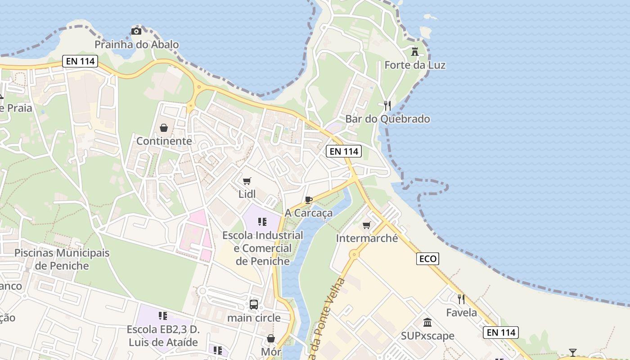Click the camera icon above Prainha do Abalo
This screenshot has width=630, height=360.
pyautogui.click(x=136, y=31)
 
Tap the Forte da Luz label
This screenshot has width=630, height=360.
pyautogui.click(x=415, y=65)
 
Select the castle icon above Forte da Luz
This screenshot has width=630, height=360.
pyautogui.click(x=415, y=52)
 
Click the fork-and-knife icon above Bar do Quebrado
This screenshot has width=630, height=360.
pyautogui.click(x=387, y=106)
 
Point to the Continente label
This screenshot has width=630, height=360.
pyautogui.click(x=164, y=141)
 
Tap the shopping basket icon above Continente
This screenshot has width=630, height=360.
pyautogui.click(x=164, y=128)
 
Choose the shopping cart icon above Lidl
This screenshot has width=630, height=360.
pyautogui.click(x=247, y=181)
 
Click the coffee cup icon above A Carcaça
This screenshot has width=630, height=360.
pyautogui.click(x=308, y=200)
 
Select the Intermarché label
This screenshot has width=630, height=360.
pyautogui.click(x=367, y=238)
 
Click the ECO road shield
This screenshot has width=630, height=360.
pyautogui.click(x=427, y=258)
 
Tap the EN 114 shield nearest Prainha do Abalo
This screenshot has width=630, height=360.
pyautogui.click(x=80, y=61)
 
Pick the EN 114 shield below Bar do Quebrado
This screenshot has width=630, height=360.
pyautogui.click(x=344, y=151)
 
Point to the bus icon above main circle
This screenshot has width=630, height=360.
pyautogui.click(x=254, y=305)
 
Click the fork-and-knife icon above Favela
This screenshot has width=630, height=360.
pyautogui.click(x=461, y=299)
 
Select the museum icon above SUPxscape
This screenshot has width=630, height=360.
pyautogui.click(x=427, y=323)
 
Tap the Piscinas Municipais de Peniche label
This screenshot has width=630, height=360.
pyautogui.click(x=62, y=259)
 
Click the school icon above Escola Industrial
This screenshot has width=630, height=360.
pyautogui.click(x=262, y=222)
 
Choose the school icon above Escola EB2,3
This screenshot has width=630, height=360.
pyautogui.click(x=162, y=316)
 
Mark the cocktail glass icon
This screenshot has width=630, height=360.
pyautogui.click(x=572, y=352)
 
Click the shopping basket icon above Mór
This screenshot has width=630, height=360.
pyautogui.click(x=271, y=338)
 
